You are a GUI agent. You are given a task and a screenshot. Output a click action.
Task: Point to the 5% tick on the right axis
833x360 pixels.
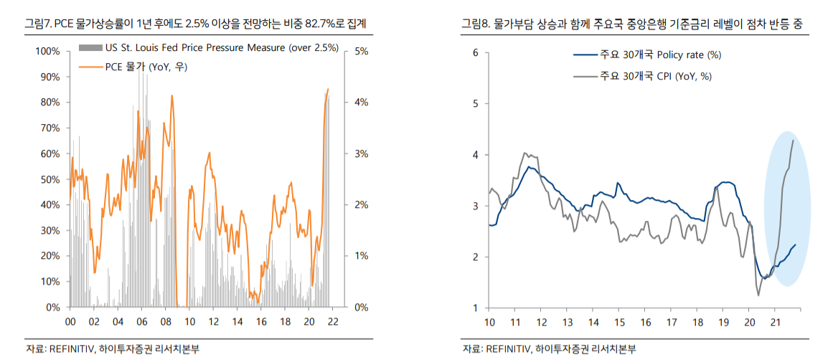click(x=362, y=51)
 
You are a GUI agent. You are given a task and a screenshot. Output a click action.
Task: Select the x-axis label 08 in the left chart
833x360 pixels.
click(x=166, y=321)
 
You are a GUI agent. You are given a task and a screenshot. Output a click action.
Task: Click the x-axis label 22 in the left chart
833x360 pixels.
click(x=332, y=321)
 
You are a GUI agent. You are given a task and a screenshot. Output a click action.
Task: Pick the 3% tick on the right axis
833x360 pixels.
click(x=362, y=153)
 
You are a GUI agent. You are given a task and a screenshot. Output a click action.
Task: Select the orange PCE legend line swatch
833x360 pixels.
click(x=90, y=67)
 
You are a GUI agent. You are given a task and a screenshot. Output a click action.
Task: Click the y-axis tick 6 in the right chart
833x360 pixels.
click(x=476, y=52)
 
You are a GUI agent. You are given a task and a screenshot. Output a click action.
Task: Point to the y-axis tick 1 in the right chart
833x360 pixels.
click(x=476, y=308)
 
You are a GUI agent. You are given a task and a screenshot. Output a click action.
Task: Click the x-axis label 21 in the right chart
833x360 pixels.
click(x=775, y=323)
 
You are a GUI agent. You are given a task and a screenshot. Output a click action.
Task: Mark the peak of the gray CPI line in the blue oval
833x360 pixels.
click(x=793, y=141)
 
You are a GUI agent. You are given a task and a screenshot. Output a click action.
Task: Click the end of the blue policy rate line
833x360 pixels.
click(x=795, y=245)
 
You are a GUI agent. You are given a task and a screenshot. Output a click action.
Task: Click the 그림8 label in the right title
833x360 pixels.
click(x=476, y=24)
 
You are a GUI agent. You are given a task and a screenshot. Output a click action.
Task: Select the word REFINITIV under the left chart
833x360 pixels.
click(x=69, y=349)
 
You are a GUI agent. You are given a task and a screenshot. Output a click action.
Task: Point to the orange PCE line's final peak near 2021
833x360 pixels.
click(x=328, y=90)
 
